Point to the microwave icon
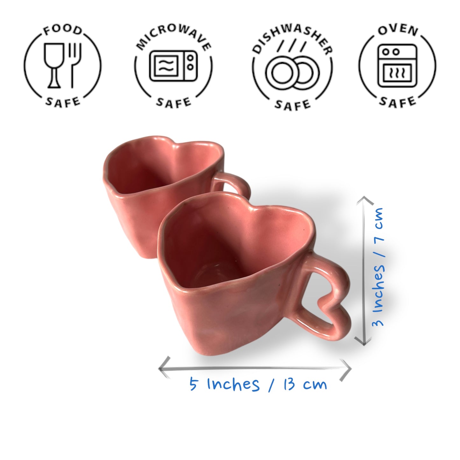click(x=173, y=66)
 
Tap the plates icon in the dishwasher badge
click(x=292, y=73)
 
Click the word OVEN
click(x=398, y=30)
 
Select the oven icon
click(x=397, y=66)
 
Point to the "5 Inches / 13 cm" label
click(x=258, y=384)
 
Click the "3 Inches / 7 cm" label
click(x=379, y=267)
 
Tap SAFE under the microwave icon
click(x=173, y=103)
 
